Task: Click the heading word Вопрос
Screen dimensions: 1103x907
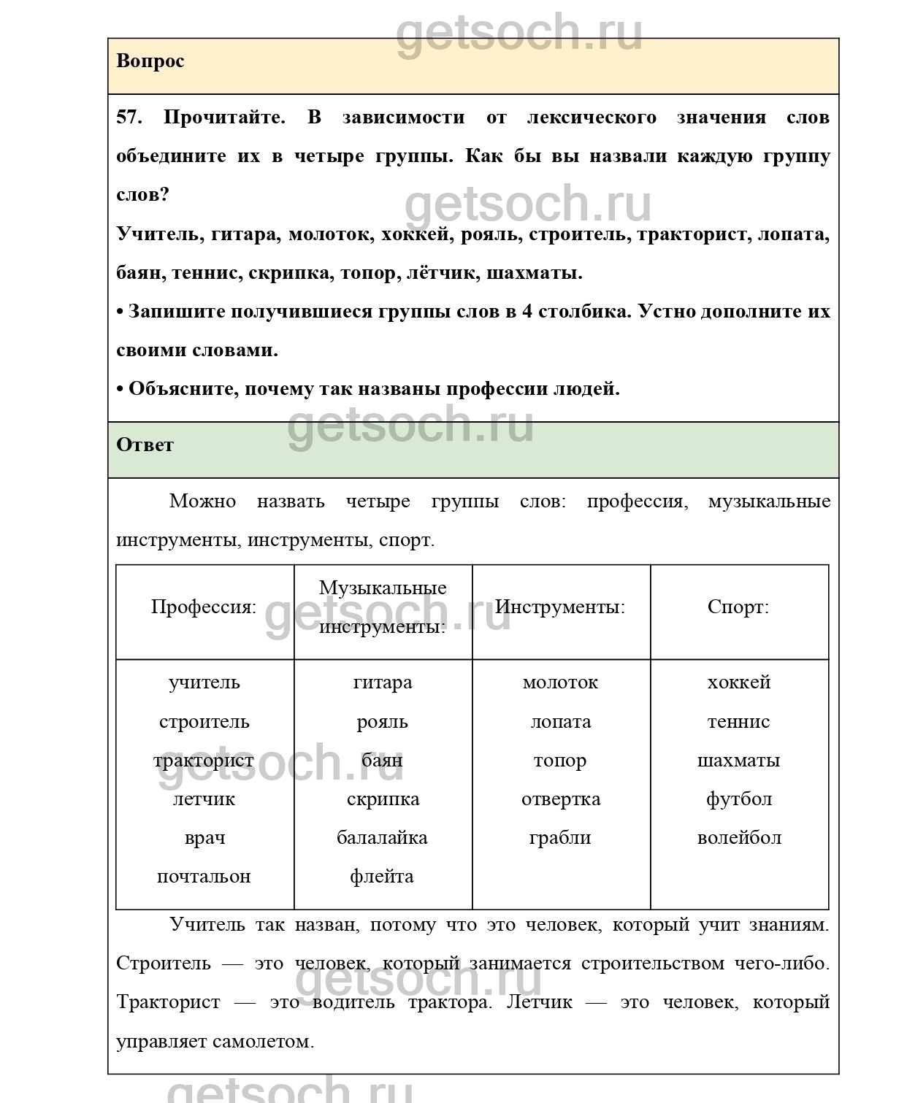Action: coord(150,61)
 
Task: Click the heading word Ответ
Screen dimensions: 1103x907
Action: coord(145,445)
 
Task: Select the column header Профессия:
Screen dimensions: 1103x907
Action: coord(204,607)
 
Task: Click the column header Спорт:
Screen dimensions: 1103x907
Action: coord(738,607)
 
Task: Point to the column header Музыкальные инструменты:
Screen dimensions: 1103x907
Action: coord(383,607)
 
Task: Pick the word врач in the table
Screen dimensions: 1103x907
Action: coord(204,838)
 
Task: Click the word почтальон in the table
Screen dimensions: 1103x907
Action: coord(204,877)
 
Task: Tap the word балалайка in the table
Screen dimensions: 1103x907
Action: coord(382,838)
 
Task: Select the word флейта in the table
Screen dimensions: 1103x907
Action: coord(382,877)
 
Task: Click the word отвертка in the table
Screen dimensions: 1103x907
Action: coord(561,799)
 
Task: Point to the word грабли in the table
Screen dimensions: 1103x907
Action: coord(560,838)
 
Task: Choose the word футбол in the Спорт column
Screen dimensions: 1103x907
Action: coord(739,799)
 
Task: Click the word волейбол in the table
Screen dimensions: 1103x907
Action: coord(739,838)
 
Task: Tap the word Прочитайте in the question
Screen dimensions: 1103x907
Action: coord(224,118)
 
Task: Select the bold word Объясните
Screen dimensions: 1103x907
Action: coord(182,389)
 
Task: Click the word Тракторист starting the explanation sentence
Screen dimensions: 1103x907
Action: coord(168,1002)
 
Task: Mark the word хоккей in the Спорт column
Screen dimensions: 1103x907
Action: coord(739,683)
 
